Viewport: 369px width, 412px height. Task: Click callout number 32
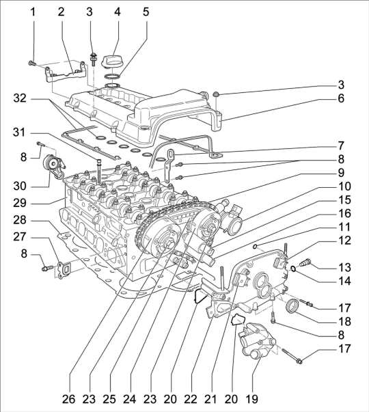(20, 98)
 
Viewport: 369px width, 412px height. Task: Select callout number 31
(20, 133)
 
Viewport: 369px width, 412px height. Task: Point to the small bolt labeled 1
(31, 63)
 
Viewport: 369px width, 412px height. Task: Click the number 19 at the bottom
(251, 399)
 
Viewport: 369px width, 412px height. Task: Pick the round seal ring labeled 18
(292, 306)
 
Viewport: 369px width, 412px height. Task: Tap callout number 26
(68, 399)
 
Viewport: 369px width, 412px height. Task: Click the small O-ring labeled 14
(292, 269)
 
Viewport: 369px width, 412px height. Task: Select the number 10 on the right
(344, 187)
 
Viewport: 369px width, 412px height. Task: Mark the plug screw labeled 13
(305, 262)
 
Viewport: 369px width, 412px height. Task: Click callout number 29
(20, 203)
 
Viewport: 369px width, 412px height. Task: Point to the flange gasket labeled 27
(63, 270)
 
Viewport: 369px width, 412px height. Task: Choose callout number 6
(341, 98)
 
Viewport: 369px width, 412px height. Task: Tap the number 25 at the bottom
(109, 399)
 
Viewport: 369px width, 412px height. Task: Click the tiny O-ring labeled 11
(255, 247)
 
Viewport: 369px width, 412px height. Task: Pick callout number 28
(20, 220)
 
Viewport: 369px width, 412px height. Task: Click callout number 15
(344, 200)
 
